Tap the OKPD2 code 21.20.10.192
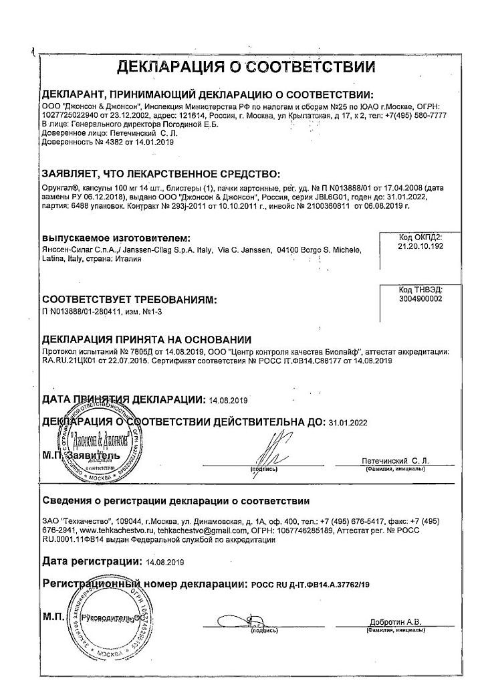[x=420, y=246]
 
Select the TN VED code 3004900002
[x=420, y=299]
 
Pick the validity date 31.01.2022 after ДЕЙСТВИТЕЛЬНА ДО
[x=348, y=423]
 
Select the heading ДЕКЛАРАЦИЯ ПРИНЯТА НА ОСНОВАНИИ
[x=146, y=340]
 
